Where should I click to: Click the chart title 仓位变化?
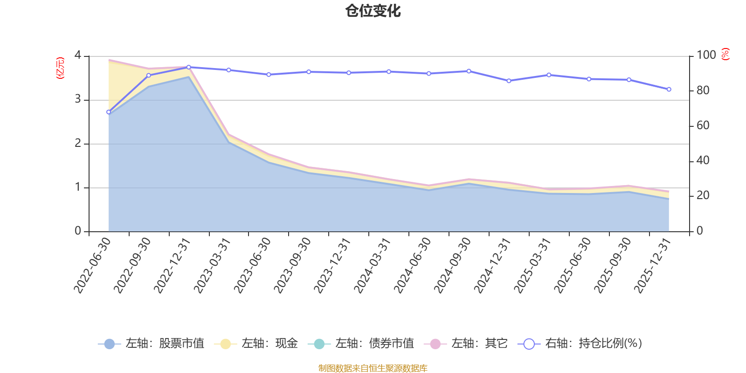pyautogui.click(x=373, y=11)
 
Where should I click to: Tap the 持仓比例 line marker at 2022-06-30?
pyautogui.click(x=109, y=112)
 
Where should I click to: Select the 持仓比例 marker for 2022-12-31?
pyautogui.click(x=188, y=67)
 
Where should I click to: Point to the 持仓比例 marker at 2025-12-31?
pyautogui.click(x=669, y=89)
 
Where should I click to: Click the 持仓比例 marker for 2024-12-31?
pyautogui.click(x=509, y=81)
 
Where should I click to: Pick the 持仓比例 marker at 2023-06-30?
pyautogui.click(x=269, y=75)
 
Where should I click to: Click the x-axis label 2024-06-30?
pyautogui.click(x=412, y=265)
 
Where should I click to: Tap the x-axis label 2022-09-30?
pyautogui.click(x=132, y=265)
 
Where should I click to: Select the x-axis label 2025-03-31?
pyautogui.click(x=532, y=265)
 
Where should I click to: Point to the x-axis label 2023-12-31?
pyautogui.click(x=332, y=265)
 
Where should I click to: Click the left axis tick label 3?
pyautogui.click(x=78, y=99)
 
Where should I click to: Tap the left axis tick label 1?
pyautogui.click(x=78, y=187)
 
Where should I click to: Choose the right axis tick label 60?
pyautogui.click(x=703, y=125)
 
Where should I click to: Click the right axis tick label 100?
pyautogui.click(x=706, y=55)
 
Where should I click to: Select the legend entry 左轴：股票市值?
pyautogui.click(x=151, y=343)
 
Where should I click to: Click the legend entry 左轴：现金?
pyautogui.click(x=256, y=343)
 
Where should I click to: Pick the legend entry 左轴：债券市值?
pyautogui.click(x=361, y=343)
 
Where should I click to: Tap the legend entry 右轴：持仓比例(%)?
pyautogui.click(x=580, y=343)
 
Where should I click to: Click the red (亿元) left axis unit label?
pyautogui.click(x=60, y=68)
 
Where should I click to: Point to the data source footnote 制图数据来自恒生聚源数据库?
pyautogui.click(x=373, y=368)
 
